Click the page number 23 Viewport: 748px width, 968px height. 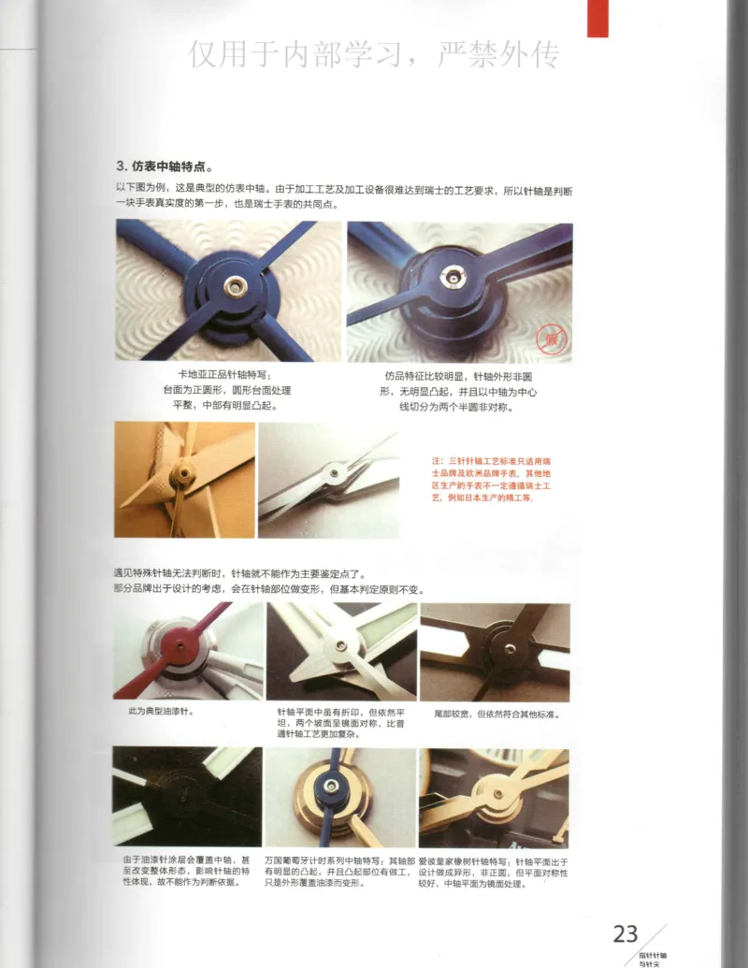point(625,932)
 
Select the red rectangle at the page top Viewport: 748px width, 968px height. point(597,18)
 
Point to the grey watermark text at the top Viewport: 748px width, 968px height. point(373,56)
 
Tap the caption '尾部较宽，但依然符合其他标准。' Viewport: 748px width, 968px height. point(496,714)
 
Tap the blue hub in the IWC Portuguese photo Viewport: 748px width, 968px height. point(334,784)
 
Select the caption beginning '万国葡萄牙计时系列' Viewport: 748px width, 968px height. point(338,870)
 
